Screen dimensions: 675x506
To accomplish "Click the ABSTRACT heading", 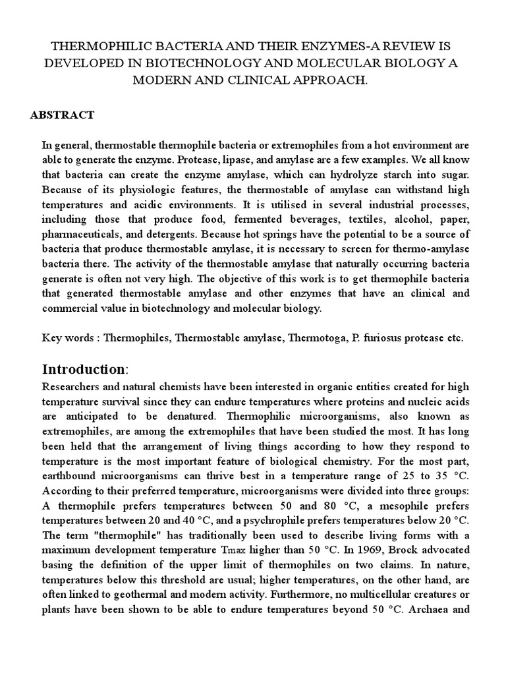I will [63, 115].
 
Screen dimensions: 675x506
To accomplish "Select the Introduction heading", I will [83, 368].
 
